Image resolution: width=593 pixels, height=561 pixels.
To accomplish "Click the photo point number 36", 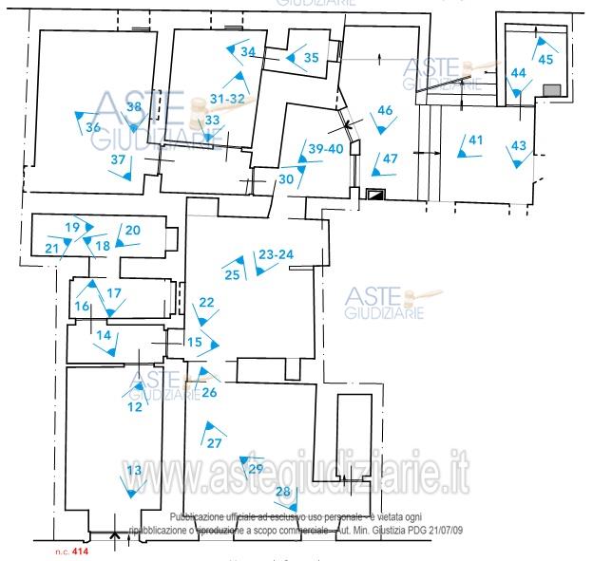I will coord(92,127).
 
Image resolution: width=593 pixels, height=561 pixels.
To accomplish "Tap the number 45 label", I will coord(545,59).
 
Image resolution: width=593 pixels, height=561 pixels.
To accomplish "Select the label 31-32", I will coord(228,99).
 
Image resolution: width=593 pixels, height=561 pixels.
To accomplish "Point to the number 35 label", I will coord(312,58).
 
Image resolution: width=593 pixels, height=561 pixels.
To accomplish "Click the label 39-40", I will coord(325,149).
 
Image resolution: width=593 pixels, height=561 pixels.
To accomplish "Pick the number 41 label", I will coord(475,140).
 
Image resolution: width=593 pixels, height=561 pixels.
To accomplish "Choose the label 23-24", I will coord(276,254).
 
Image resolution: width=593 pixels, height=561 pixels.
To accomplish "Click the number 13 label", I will coord(134,471).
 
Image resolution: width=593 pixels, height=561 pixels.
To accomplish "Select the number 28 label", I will coord(283,491).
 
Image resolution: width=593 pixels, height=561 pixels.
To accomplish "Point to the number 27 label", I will coord(214,443).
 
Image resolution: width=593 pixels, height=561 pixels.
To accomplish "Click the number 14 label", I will coord(104,335).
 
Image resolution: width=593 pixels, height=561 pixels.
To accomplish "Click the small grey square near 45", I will coord(550,89).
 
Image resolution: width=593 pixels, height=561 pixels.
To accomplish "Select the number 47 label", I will coord(391,158).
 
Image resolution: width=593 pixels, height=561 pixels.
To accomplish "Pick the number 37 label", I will coord(118,159).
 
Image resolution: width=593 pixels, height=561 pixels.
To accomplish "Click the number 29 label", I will coord(255,468).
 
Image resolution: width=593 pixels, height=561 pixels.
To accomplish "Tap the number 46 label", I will coord(385,110).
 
